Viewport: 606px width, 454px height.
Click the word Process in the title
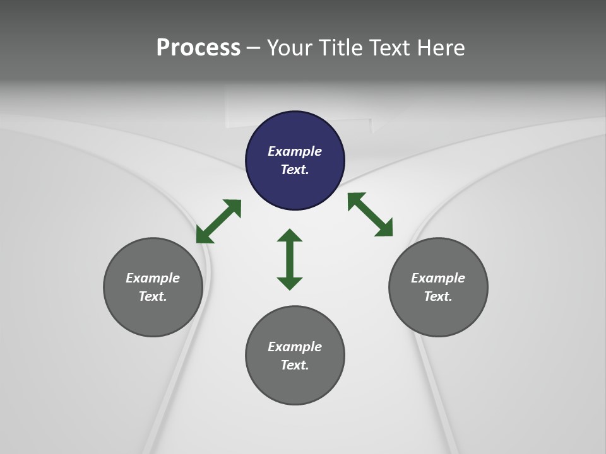point(198,48)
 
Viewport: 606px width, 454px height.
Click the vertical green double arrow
point(290,259)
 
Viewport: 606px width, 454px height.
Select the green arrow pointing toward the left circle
point(218,221)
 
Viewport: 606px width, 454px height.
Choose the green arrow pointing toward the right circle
point(371,214)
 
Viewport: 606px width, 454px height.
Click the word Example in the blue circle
point(295,151)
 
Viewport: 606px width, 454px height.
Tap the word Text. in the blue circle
point(295,170)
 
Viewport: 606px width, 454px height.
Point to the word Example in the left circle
point(153,278)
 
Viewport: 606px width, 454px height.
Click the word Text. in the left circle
point(153,296)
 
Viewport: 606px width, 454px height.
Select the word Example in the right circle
point(438,278)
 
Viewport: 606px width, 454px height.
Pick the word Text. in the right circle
point(438,296)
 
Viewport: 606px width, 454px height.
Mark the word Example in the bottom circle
point(295,347)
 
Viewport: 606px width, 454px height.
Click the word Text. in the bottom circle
point(295,365)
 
